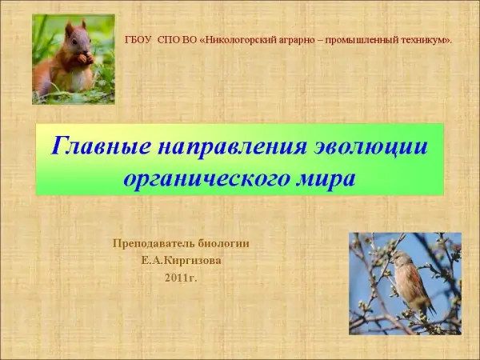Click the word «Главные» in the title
pos(101,146)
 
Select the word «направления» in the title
pos(232,147)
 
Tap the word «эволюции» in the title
pos(371,147)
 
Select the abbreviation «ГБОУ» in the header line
pos(138,40)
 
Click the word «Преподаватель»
pos(154,244)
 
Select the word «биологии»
pos(223,244)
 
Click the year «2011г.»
pos(181,278)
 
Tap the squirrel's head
pos(78,38)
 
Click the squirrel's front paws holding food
pos(86,58)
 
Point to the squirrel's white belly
pos(79,79)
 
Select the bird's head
pos(399,258)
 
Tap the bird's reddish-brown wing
pos(414,280)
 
